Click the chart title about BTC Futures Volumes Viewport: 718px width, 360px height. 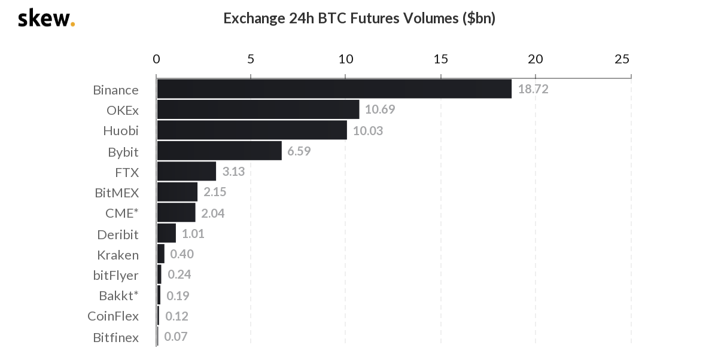[359, 19]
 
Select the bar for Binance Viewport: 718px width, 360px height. [334, 89]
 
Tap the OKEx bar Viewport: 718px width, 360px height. [258, 109]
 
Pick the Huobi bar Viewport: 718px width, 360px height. [252, 130]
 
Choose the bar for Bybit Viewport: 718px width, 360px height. [219, 151]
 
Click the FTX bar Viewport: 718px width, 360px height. [186, 172]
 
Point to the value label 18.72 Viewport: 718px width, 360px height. [533, 90]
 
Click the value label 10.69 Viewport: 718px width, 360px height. [380, 110]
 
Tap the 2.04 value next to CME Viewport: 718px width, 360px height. [213, 213]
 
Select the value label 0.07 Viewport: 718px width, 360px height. [176, 337]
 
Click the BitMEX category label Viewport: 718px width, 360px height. [117, 193]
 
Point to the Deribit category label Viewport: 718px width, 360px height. [118, 234]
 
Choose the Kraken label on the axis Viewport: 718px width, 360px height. [118, 255]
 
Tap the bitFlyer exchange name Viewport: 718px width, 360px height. [115, 276]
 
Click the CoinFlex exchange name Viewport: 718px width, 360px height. [113, 316]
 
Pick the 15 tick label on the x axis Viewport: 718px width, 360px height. [440, 59]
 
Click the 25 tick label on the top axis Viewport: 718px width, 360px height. [622, 59]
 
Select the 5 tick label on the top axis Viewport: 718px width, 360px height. [251, 59]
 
